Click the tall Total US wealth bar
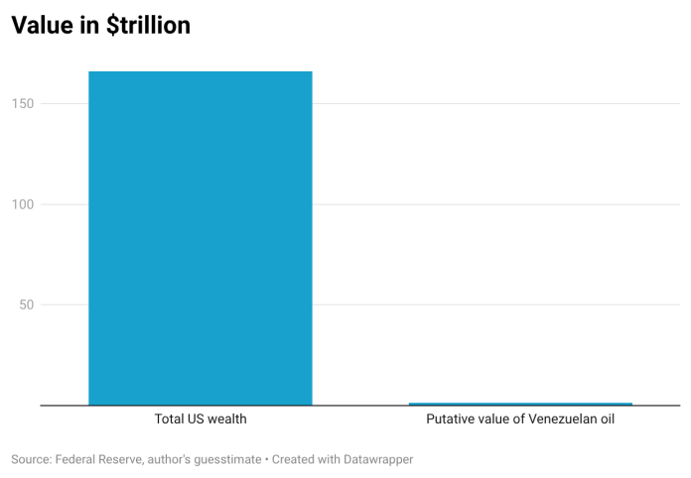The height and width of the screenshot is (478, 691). pyautogui.click(x=201, y=238)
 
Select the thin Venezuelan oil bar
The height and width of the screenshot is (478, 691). pyautogui.click(x=520, y=404)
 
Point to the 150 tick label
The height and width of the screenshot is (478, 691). pyautogui.click(x=23, y=104)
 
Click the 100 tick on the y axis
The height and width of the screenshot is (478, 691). pyautogui.click(x=23, y=204)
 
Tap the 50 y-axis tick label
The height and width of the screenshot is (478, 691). pyautogui.click(x=27, y=304)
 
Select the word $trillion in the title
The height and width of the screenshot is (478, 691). pyautogui.click(x=149, y=25)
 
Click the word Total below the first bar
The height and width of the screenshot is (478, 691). pyautogui.click(x=169, y=418)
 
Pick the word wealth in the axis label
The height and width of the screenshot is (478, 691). pyautogui.click(x=227, y=418)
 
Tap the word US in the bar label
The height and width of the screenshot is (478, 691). pyautogui.click(x=196, y=418)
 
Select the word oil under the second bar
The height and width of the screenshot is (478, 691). pyautogui.click(x=607, y=418)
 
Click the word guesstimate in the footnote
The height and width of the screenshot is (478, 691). pyautogui.click(x=227, y=460)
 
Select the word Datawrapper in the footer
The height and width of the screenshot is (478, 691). pyautogui.click(x=378, y=460)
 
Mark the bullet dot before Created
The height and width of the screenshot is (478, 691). pyautogui.click(x=267, y=460)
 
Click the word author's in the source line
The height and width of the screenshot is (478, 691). pyautogui.click(x=169, y=459)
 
